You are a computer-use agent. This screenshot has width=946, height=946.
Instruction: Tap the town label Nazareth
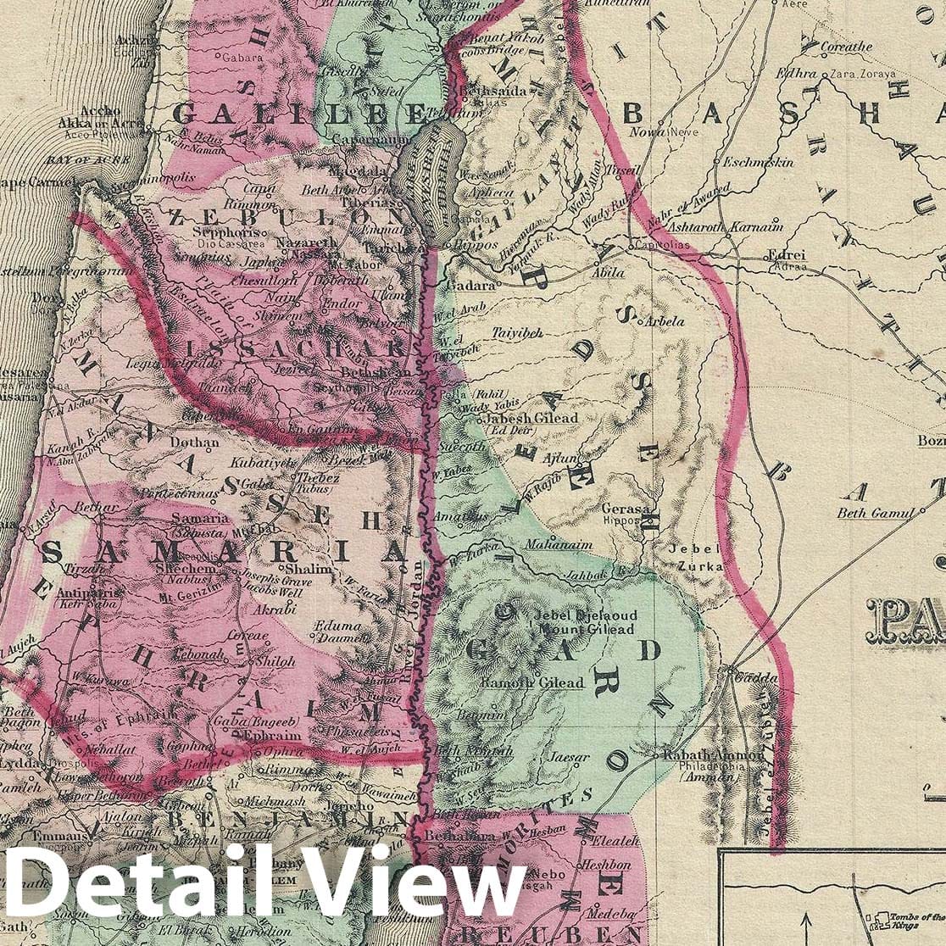tap(314, 242)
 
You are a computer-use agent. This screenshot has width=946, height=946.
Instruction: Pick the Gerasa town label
tap(626, 509)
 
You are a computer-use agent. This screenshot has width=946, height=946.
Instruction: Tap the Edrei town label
tap(785, 254)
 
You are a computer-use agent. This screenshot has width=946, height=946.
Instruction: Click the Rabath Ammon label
tap(705, 755)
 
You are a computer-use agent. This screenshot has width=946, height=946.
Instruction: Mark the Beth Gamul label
tap(876, 512)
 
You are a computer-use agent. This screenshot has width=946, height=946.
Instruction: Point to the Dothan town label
tap(188, 442)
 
